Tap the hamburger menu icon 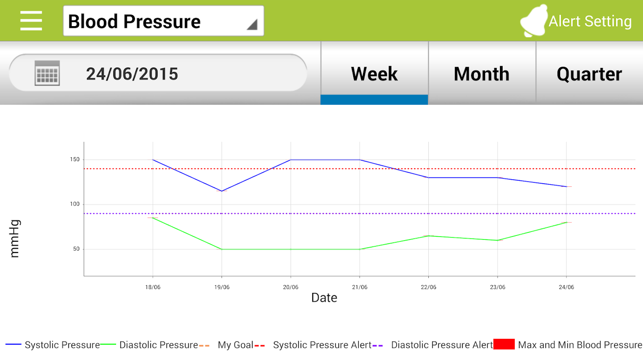pos(31,21)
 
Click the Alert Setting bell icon pos(534,21)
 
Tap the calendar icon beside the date pos(47,73)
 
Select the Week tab pos(374,74)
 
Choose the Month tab pos(481,74)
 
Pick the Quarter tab pos(589,74)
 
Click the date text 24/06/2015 pos(132,74)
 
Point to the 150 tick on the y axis pos(75,160)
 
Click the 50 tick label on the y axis pos(76,249)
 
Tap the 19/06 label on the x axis pos(221,287)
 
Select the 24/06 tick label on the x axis pos(566,287)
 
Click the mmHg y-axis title pos(15,238)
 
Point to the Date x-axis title pos(324,297)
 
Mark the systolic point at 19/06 pos(221,191)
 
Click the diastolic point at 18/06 pos(153,218)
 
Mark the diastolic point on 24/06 pos(566,222)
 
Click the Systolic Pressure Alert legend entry pos(322,345)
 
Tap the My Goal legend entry pos(235,345)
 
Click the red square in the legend pos(504,345)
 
